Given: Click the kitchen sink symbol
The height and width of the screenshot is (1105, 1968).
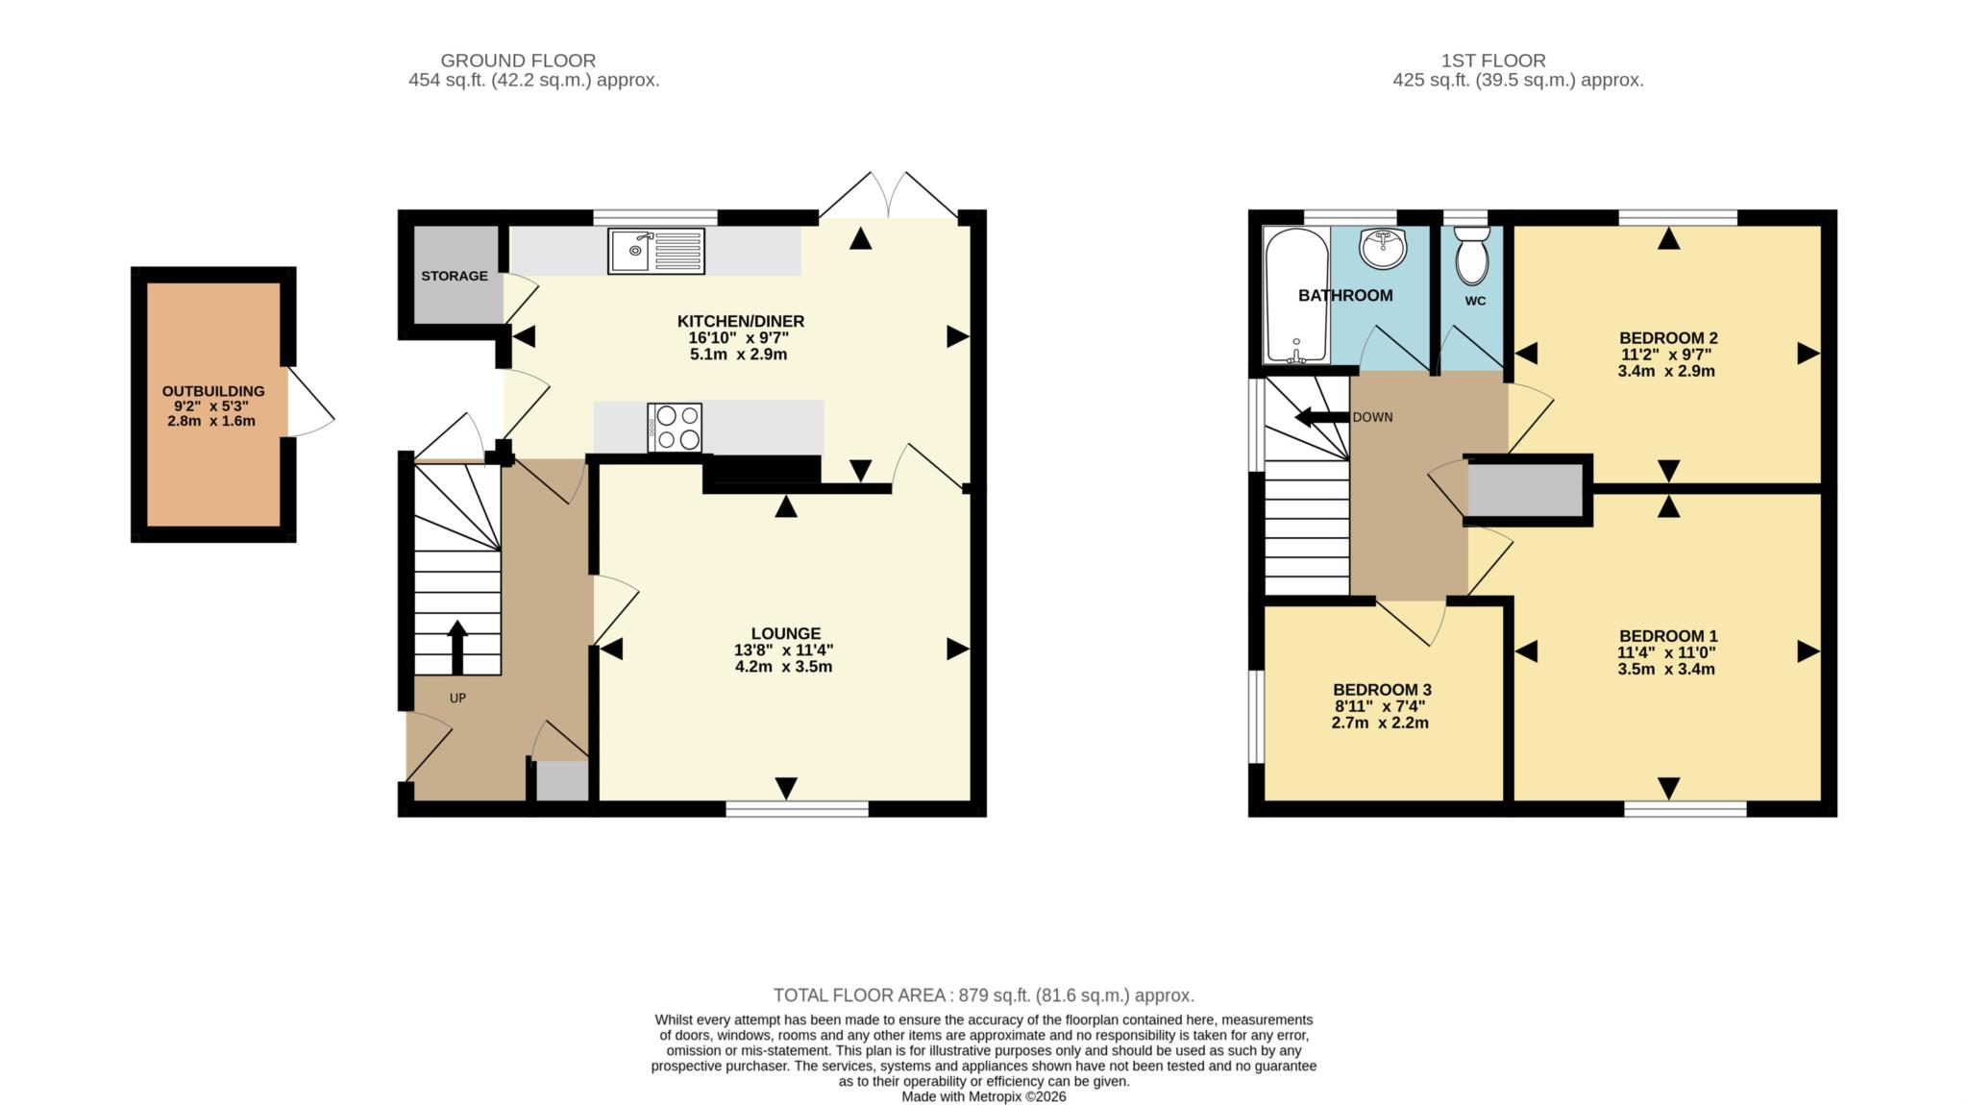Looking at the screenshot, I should [655, 251].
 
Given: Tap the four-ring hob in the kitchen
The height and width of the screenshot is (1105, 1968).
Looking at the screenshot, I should [676, 428].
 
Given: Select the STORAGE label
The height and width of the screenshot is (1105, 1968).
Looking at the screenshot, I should [454, 276].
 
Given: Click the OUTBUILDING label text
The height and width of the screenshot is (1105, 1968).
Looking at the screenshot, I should [213, 391].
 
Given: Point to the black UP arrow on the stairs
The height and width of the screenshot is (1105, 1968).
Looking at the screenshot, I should [457, 647].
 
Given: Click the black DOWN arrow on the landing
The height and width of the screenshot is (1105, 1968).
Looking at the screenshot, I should [1321, 417].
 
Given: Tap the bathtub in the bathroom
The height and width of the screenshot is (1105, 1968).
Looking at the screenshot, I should [1296, 295].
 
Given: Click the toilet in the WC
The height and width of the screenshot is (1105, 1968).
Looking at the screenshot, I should [1471, 256].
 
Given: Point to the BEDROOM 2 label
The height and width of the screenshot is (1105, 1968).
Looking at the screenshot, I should [1668, 338].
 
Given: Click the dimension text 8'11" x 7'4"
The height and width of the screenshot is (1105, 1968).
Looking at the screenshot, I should [1380, 706].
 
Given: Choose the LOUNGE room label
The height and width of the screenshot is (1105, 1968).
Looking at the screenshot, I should [785, 633].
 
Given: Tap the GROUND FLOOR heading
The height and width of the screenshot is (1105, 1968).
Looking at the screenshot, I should [518, 61].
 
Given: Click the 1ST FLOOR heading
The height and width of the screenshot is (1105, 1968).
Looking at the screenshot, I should [1493, 61].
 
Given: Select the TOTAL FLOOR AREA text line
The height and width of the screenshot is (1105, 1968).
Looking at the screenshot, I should [983, 995].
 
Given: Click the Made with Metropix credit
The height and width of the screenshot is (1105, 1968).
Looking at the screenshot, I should [983, 1096].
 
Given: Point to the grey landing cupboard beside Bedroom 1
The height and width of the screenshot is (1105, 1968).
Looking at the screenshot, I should [1525, 490].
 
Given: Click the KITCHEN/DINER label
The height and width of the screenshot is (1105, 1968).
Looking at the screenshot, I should [740, 321].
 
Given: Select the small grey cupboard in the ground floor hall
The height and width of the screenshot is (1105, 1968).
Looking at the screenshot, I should [561, 780].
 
